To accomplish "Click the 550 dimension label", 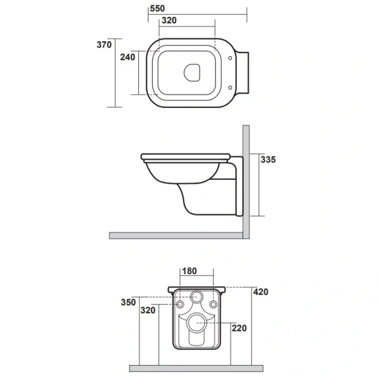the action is [x=157, y=8].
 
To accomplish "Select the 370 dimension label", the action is [x=104, y=45].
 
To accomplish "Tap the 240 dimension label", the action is [x=128, y=57].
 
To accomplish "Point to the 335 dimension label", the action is [x=268, y=160].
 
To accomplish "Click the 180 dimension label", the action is [x=189, y=271].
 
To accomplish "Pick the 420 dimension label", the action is [x=260, y=292].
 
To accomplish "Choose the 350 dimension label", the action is [x=128, y=302].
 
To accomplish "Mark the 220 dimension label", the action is [x=239, y=328].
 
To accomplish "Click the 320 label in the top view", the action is [x=169, y=20].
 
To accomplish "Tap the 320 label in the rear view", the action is [x=148, y=310].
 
